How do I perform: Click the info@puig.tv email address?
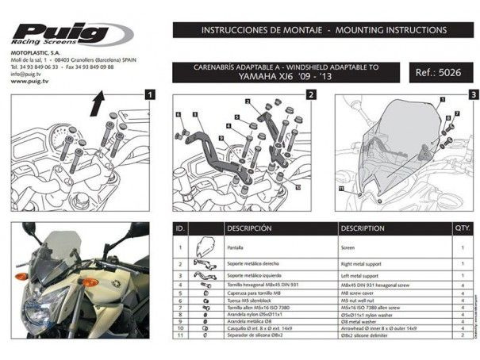30,75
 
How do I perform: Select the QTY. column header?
461,228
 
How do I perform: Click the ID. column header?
181,228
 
